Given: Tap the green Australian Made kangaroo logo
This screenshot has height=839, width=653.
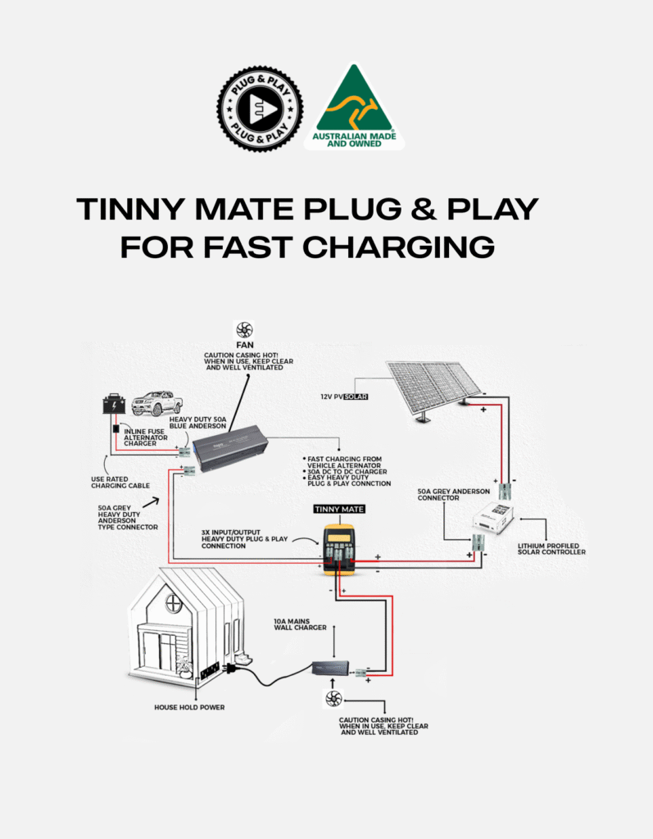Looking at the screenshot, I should point(354,107).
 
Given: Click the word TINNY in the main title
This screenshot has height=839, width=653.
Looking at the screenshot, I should point(129,210).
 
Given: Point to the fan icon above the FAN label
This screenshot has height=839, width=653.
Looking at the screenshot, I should point(243,330).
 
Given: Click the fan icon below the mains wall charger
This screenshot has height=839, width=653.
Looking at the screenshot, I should point(333,698).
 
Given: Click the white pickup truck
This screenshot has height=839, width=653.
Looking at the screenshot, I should point(156,403).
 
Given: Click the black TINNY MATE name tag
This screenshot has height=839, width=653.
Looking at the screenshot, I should point(339,509).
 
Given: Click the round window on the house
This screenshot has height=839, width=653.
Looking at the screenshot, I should point(174,605).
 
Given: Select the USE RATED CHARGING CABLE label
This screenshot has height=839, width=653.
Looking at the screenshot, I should point(120,483).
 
